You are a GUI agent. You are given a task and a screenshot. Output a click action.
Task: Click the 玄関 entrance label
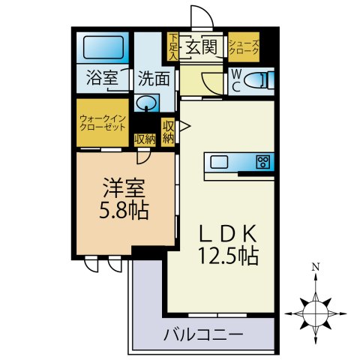click(202, 47)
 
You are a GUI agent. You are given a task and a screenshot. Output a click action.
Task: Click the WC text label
click(235, 79)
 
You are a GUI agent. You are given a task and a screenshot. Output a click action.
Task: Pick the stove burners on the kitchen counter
click(262, 161)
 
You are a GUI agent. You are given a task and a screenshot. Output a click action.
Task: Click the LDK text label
click(228, 232)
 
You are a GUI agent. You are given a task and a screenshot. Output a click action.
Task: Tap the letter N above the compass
click(317, 267)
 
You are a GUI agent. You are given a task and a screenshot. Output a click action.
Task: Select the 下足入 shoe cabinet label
click(172, 46)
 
